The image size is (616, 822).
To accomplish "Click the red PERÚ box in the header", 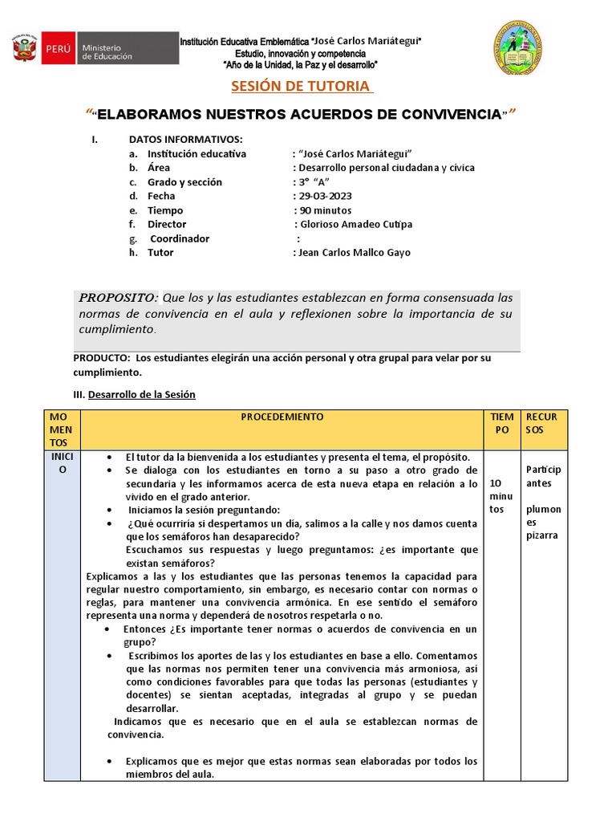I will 58,49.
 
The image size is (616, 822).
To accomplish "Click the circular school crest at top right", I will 515,47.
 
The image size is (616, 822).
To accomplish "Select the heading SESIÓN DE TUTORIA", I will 301,87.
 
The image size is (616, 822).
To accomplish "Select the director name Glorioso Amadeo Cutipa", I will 354,224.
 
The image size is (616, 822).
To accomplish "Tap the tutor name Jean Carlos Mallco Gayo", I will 354,252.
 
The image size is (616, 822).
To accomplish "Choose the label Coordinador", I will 180,238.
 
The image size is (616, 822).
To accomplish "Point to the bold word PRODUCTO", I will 101,358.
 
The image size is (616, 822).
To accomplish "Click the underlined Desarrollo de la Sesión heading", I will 141,395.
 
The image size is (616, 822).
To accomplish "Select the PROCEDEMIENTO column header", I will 282,417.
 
